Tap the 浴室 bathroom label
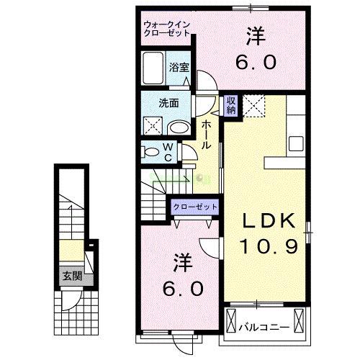click(x=179, y=66)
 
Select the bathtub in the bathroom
click(x=153, y=70)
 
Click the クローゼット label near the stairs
click(x=194, y=207)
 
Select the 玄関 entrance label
click(x=71, y=276)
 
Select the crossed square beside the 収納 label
click(x=253, y=105)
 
